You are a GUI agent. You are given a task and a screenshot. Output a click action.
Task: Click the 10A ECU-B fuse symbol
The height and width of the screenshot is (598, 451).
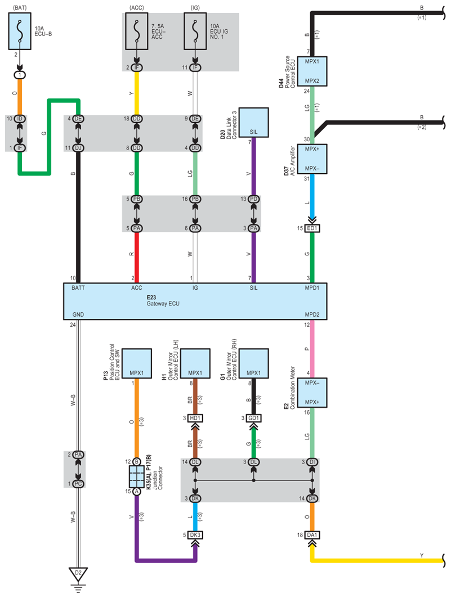(x=20, y=31)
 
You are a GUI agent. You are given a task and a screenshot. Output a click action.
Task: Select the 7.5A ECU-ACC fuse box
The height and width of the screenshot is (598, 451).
(x=137, y=31)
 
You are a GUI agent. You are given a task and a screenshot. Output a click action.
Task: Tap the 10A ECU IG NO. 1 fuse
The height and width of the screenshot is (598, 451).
(x=195, y=31)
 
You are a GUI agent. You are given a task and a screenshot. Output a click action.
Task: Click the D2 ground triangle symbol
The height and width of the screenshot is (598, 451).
(x=78, y=574)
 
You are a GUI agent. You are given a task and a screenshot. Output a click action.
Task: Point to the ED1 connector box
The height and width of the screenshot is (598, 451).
(x=312, y=228)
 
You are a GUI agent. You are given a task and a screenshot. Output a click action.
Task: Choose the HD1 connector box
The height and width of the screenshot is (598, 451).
(x=195, y=418)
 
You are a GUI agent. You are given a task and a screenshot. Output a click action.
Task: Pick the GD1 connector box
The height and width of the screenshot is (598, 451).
(x=254, y=418)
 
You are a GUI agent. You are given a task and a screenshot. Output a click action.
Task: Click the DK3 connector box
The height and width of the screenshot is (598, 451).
(x=195, y=534)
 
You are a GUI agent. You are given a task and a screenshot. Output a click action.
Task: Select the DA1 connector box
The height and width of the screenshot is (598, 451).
(x=312, y=534)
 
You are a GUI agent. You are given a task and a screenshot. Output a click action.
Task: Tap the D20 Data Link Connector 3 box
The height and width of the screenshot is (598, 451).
(x=254, y=123)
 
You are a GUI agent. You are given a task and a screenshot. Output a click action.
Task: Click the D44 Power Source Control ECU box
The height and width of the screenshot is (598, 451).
(x=312, y=71)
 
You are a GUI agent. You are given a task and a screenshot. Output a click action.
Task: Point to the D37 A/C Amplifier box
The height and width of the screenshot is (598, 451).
(x=312, y=159)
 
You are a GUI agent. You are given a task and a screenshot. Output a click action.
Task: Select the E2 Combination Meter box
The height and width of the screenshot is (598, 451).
(x=312, y=393)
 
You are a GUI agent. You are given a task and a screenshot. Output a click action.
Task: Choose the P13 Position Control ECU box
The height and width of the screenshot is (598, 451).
(x=137, y=363)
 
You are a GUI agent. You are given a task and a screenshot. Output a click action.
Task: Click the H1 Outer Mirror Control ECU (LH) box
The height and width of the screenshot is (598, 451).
(x=195, y=363)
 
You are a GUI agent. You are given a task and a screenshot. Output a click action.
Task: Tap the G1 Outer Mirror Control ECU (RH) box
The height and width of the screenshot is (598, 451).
(x=254, y=363)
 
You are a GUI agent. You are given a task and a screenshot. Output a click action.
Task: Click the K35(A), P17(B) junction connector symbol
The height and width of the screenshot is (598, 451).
(x=137, y=476)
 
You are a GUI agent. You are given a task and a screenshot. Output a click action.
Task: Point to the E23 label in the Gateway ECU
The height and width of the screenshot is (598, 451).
(x=151, y=297)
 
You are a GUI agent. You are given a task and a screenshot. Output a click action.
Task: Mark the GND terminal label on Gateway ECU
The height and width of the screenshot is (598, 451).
(x=78, y=314)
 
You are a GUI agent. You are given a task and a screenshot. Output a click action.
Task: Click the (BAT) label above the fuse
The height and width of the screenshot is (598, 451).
(x=20, y=8)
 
